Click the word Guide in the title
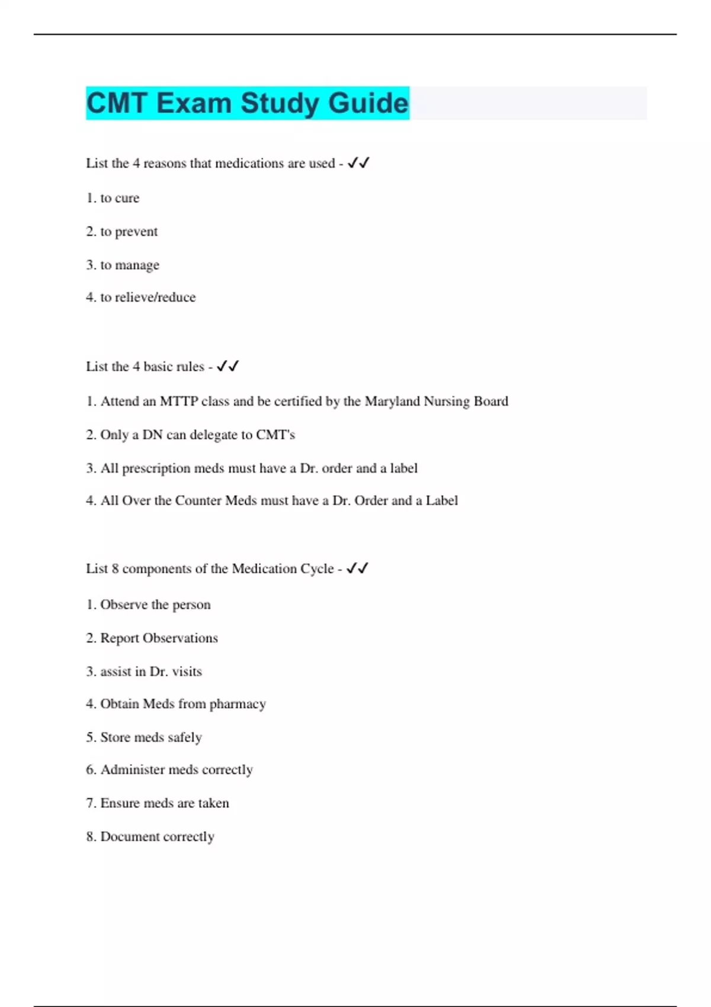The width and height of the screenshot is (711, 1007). click(368, 103)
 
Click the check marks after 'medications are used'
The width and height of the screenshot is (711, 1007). click(358, 163)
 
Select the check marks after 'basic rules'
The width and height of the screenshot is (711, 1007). click(228, 366)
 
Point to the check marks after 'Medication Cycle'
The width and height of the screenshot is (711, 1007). click(357, 569)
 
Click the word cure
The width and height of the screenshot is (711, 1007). click(127, 198)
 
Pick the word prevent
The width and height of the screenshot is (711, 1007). click(136, 232)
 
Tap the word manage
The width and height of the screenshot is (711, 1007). click(137, 265)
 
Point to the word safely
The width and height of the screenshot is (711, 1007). click(185, 737)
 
